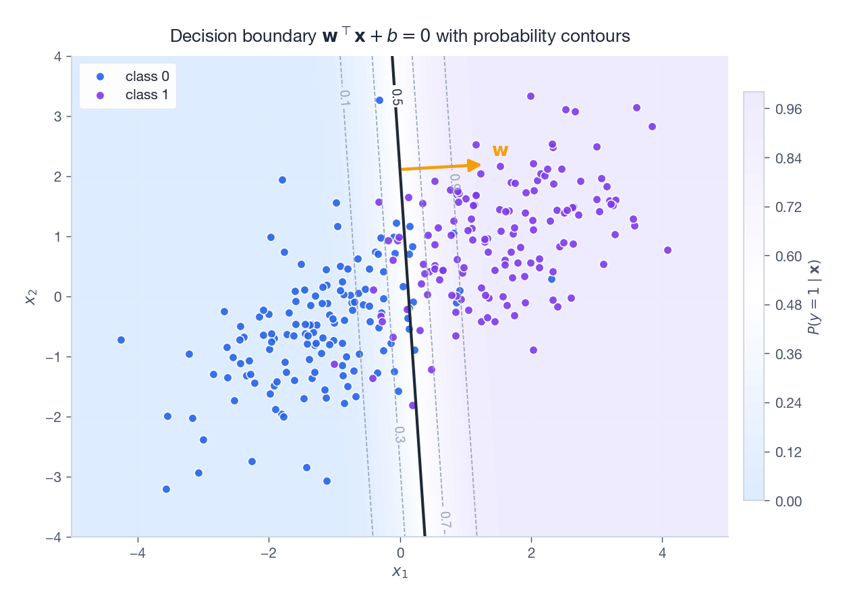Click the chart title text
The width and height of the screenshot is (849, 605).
coord(400,36)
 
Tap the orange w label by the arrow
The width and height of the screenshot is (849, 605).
coord(500,150)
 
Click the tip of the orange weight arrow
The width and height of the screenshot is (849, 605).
coord(481,165)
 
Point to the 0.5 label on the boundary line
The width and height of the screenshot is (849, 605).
coord(397,97)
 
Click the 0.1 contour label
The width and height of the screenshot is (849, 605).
coord(344,99)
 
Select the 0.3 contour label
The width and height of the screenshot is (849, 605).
coord(400,435)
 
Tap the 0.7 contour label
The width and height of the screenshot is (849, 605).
coord(445,519)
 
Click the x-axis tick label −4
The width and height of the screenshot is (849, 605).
coord(138,552)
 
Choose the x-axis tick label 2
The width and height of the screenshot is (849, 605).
coord(531,552)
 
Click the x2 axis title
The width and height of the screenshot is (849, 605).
coord(31,296)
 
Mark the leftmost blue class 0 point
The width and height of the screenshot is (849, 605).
coord(121,340)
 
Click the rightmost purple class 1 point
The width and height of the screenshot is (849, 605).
coord(667,250)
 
